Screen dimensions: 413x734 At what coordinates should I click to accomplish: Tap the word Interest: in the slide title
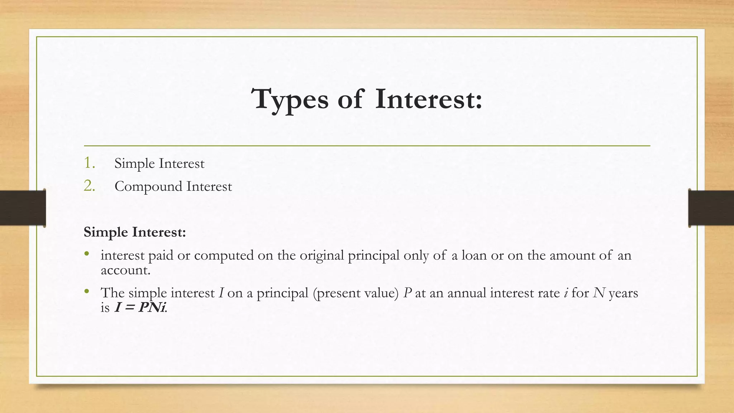point(429,99)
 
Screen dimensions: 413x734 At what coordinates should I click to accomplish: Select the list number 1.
point(89,163)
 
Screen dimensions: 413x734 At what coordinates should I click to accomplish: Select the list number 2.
point(89,186)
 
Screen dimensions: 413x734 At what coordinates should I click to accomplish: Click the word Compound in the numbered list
point(148,187)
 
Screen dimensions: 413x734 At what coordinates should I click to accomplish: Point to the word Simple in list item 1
point(135,164)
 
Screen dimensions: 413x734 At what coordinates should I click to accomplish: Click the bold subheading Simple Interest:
point(135,232)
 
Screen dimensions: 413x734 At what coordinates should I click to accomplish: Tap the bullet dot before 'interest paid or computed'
point(86,254)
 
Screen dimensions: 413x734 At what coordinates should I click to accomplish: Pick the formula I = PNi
point(140,308)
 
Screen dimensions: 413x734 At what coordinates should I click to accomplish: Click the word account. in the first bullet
point(125,270)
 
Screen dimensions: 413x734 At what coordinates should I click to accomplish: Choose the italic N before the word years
point(599,293)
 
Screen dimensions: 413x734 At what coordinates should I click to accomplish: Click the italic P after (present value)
point(407,293)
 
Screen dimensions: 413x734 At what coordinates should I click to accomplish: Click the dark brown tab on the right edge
point(711,208)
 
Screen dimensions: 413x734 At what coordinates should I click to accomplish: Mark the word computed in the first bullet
point(224,256)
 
